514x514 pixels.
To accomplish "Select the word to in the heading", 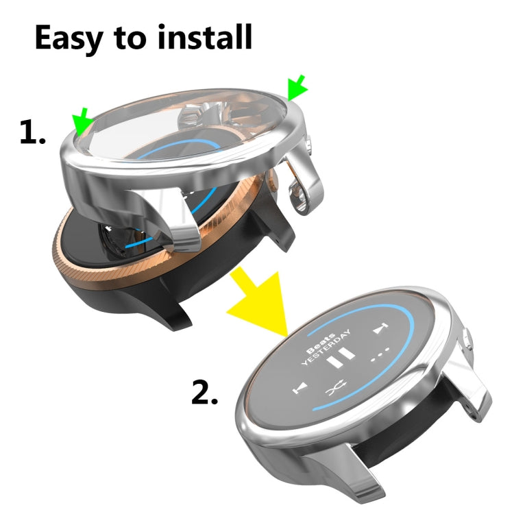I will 133,40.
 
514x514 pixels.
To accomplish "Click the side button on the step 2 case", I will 467,341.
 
